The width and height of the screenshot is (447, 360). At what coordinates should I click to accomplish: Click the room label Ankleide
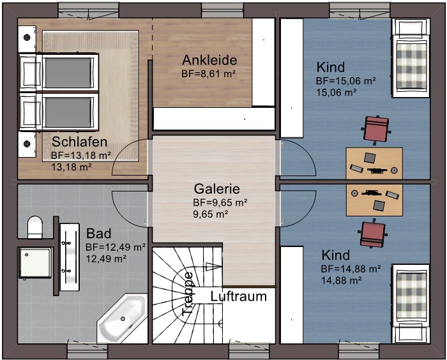pos(209,60)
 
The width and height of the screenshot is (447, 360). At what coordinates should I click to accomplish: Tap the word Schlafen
pos(80,142)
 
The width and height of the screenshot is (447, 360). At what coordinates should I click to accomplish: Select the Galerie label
pos(217,189)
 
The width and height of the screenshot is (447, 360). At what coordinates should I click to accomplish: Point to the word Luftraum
pos(239,297)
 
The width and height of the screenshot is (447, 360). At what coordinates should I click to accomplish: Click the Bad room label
pos(98,234)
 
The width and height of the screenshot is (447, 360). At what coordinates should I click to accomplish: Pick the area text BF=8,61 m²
pos(209,74)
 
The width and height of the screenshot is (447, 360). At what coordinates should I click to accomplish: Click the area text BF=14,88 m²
pos(351,269)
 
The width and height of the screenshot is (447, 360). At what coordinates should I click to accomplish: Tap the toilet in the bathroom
pos(35,227)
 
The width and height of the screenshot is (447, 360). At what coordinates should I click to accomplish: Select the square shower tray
pos(35,263)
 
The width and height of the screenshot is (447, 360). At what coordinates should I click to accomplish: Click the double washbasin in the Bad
pos(70,257)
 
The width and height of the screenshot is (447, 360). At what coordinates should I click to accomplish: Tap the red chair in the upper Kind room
pos(376,129)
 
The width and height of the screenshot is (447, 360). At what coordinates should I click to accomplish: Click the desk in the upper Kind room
pos(374,163)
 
